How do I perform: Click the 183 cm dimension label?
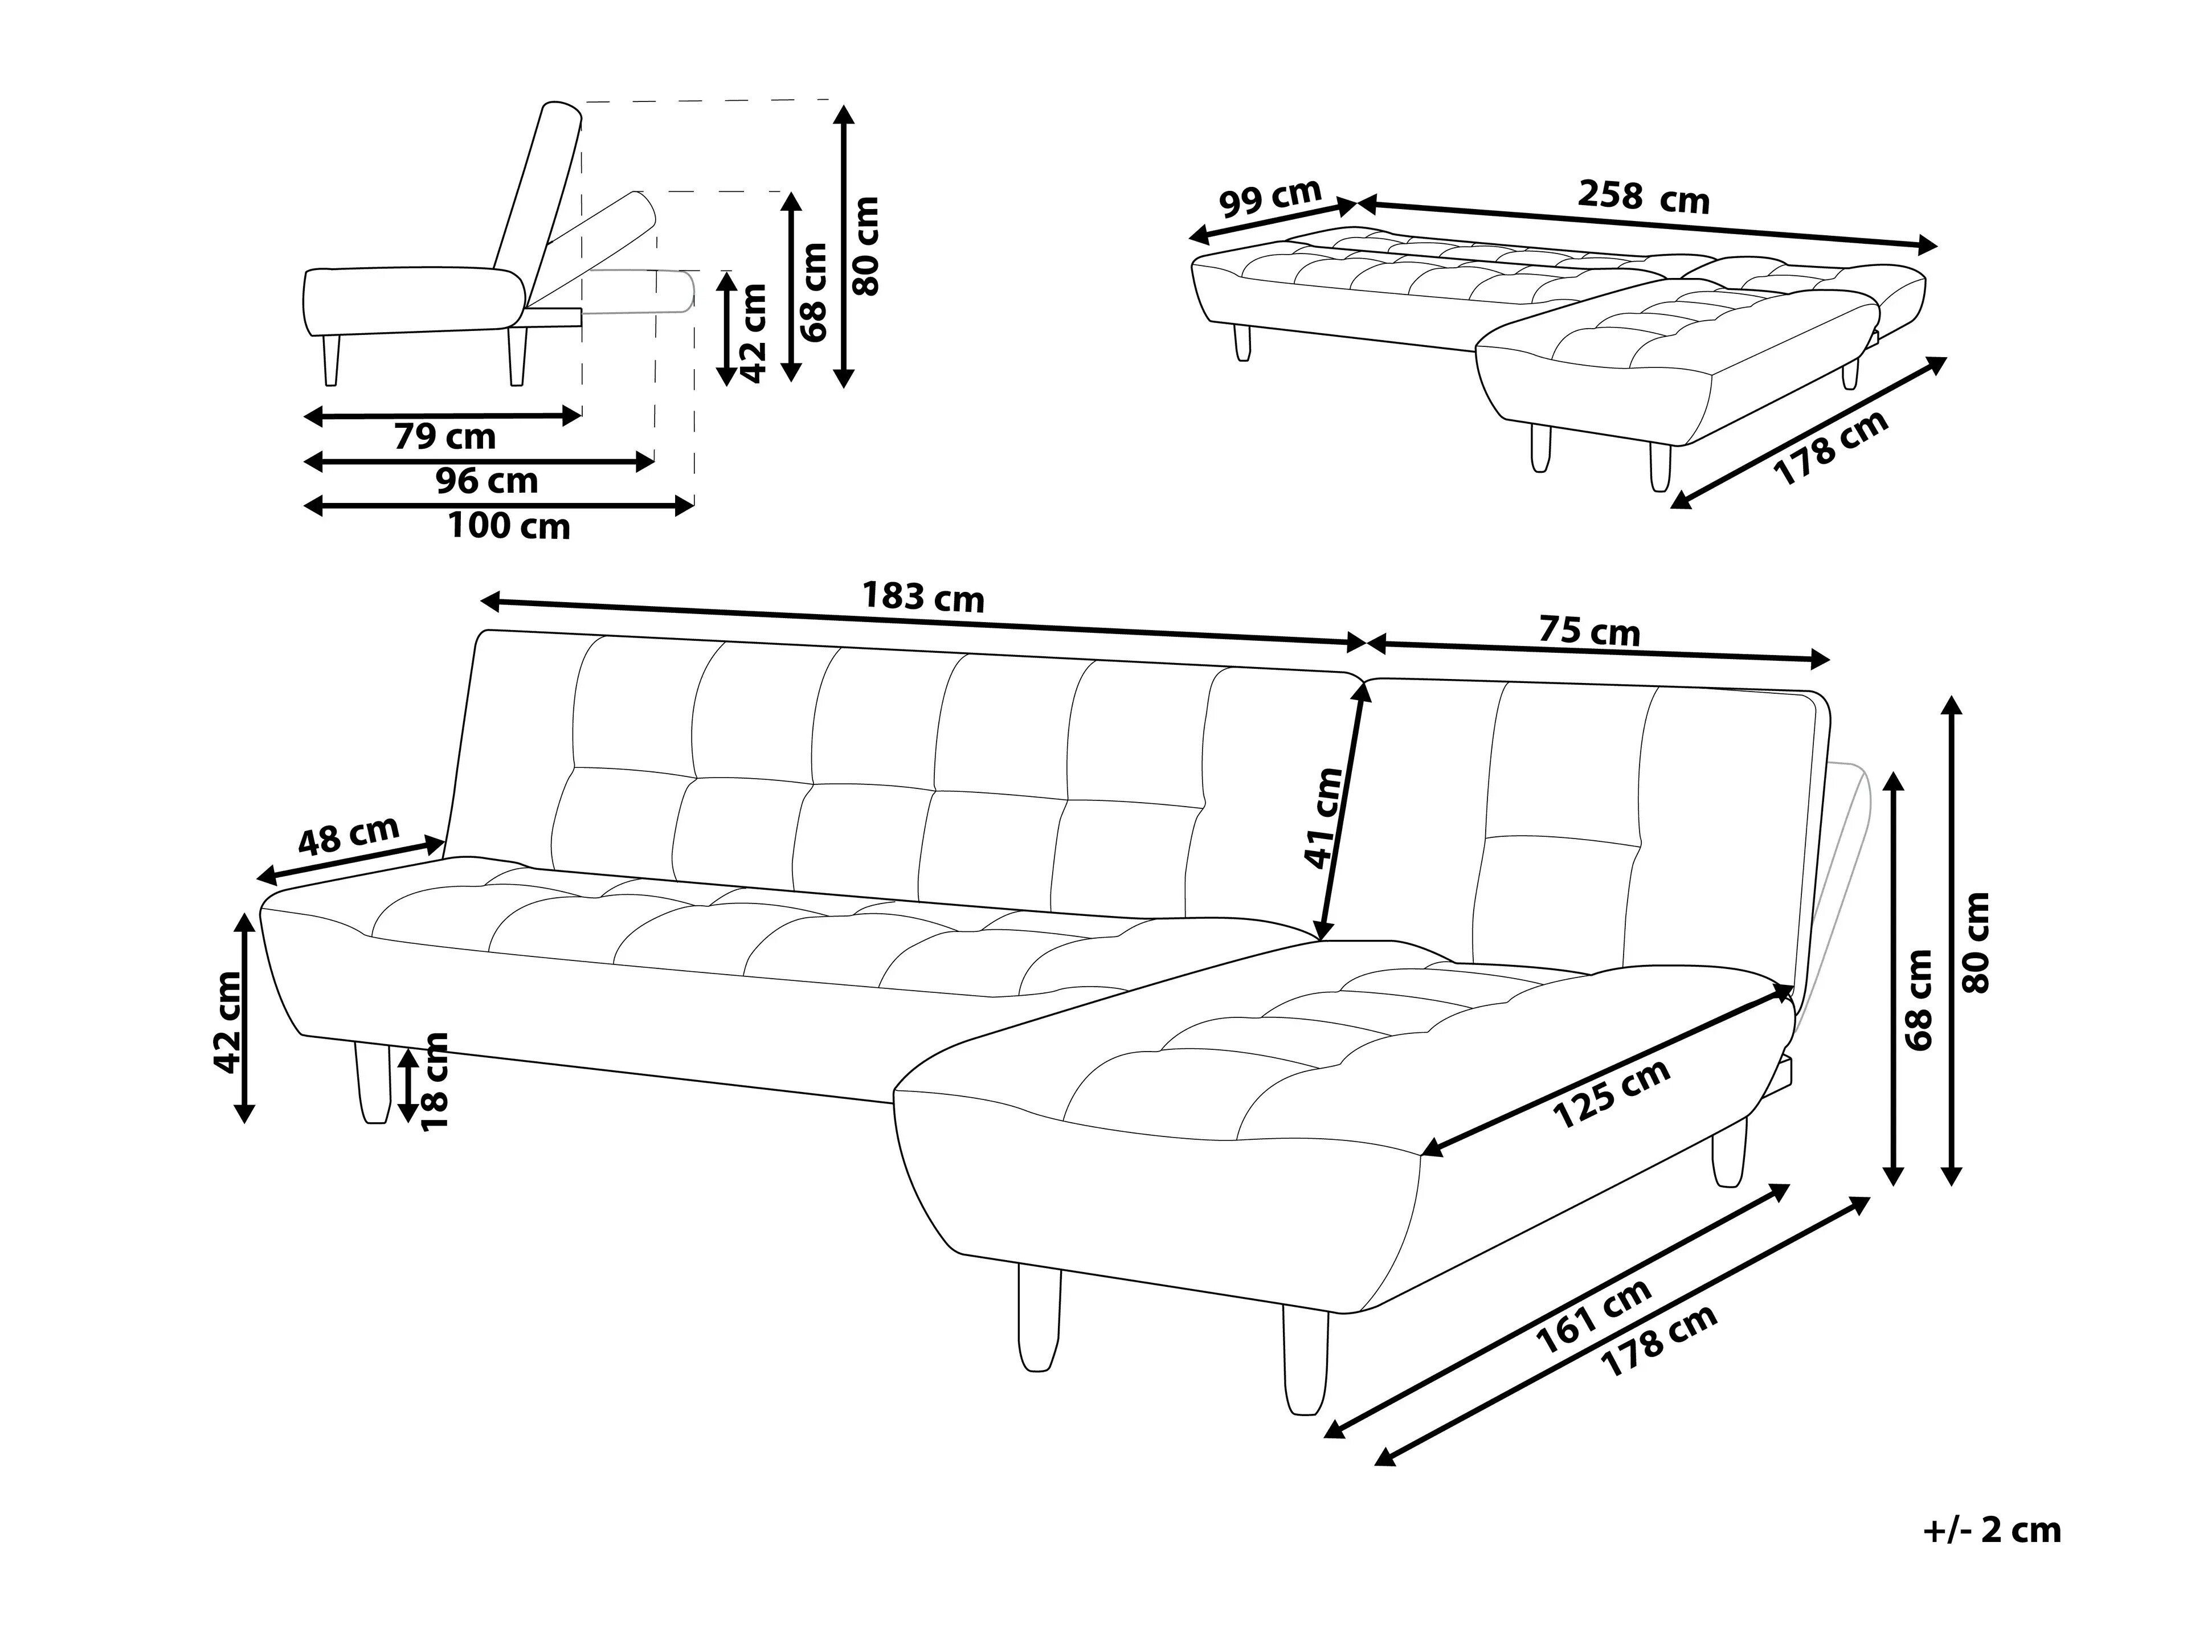click(923, 597)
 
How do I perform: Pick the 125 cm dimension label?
click(1612, 1093)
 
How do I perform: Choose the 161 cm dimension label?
click(1594, 1316)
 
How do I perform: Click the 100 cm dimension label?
click(509, 526)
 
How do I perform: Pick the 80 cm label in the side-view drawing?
click(866, 245)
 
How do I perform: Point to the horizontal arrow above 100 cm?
click(498, 506)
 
